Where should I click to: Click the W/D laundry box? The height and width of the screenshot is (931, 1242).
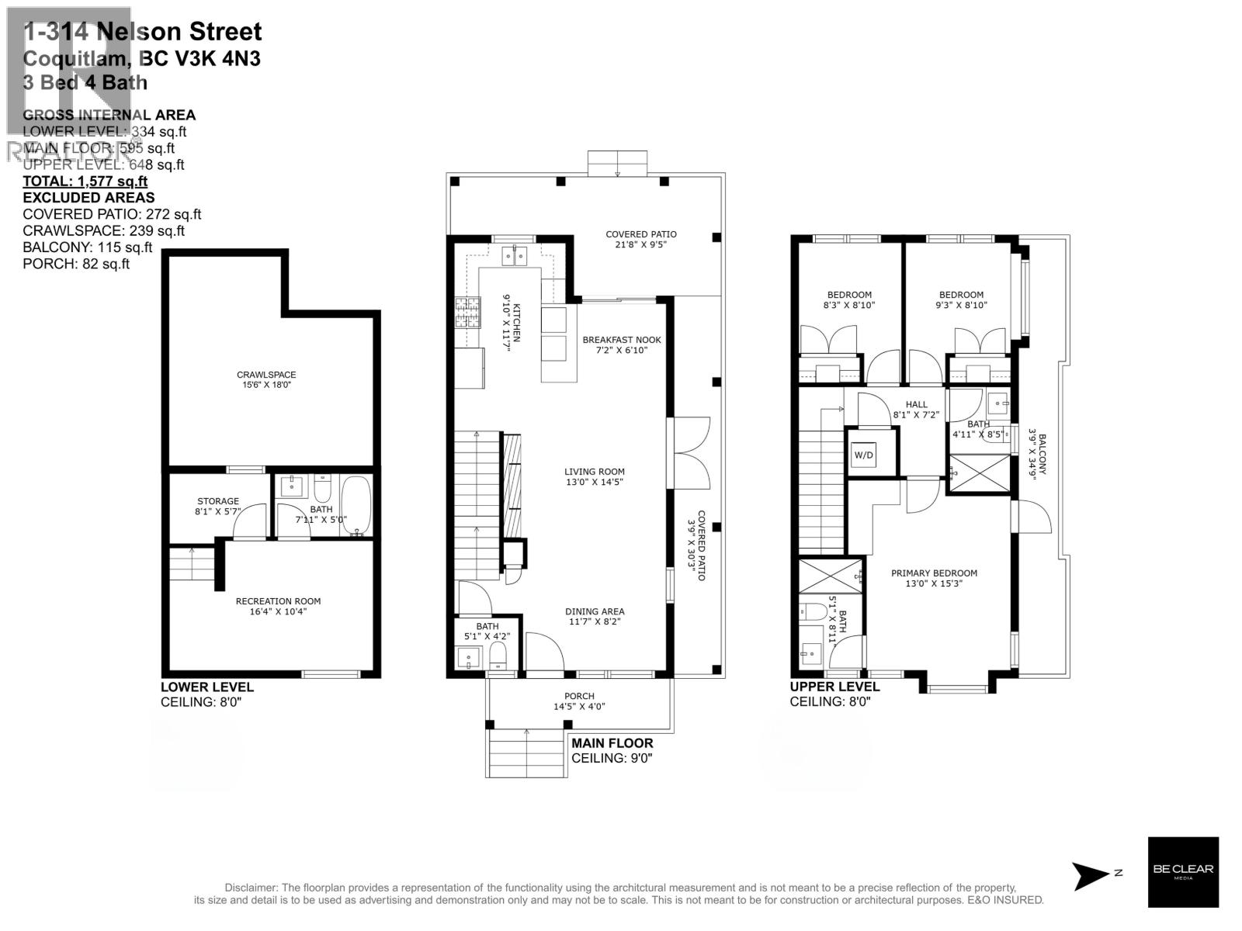pos(863,455)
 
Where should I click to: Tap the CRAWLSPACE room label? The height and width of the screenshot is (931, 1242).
pos(266,375)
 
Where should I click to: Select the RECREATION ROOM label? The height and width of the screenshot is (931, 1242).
pos(278,601)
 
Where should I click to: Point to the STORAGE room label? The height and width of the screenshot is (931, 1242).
pos(218,501)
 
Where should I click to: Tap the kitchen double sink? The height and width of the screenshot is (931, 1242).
pos(514,253)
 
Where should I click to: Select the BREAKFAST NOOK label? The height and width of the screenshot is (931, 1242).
pos(622,340)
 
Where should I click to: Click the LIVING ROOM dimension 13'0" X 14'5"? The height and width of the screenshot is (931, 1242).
pos(595,482)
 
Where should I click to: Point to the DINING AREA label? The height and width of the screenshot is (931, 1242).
pos(595,611)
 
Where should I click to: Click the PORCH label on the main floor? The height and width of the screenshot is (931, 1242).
pos(579,696)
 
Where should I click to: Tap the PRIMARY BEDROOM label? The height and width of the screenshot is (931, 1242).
pos(934,573)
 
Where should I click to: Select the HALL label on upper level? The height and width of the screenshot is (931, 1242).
pos(916,404)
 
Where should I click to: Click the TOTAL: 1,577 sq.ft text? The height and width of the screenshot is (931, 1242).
pos(85,182)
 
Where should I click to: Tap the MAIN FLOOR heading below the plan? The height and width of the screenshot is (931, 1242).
pos(612,742)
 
